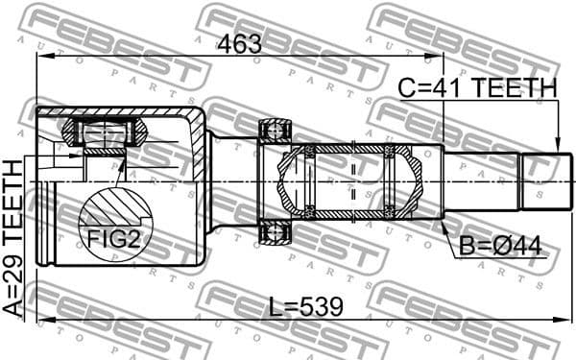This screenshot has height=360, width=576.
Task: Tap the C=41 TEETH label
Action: tap(477, 89)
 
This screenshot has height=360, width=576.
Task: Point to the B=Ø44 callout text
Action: tap(500, 247)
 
